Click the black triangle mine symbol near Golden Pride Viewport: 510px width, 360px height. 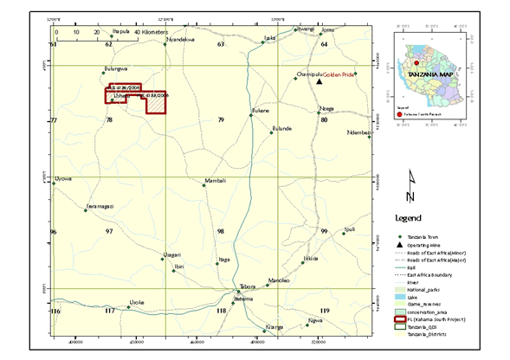click(319, 82)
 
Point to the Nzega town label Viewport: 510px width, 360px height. click(326, 108)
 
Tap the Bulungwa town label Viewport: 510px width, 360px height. click(115, 68)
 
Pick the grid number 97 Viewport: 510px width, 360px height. click(109, 232)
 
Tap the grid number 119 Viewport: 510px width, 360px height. click(326, 310)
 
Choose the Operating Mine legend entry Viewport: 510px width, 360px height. click(428, 247)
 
